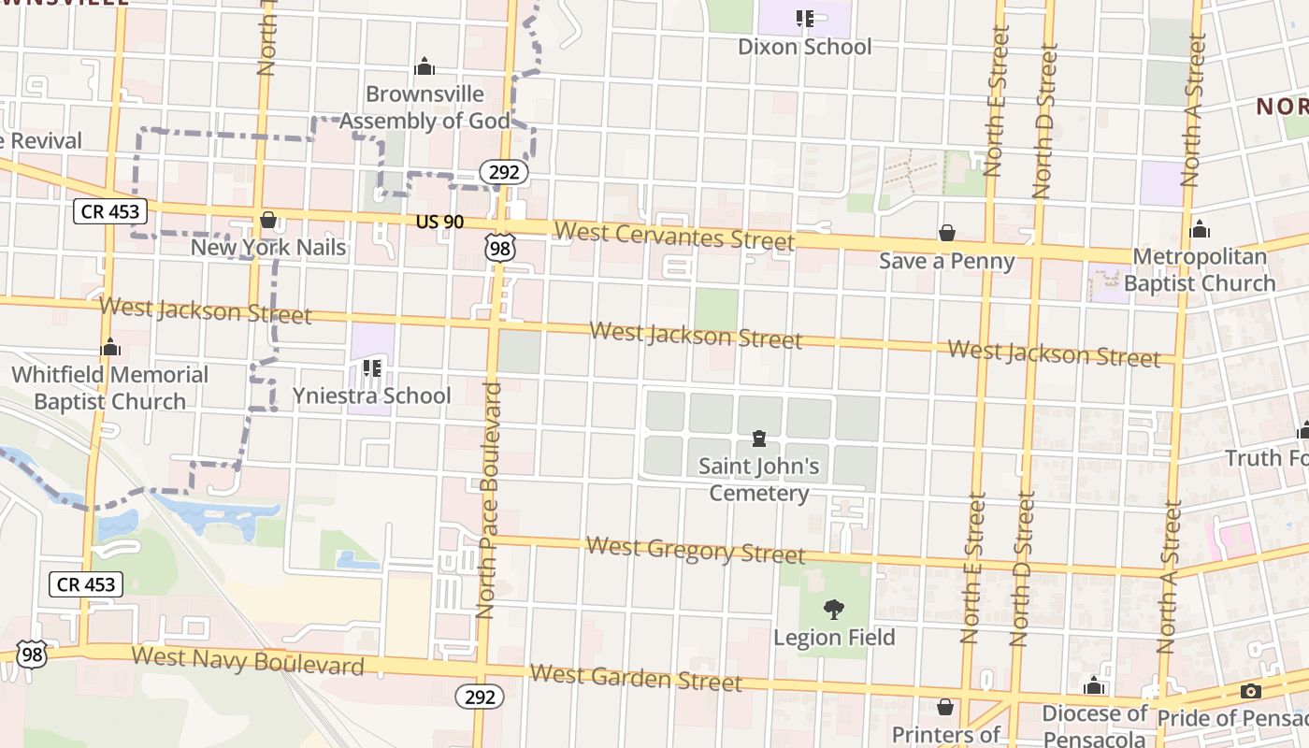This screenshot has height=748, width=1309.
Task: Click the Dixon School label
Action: coord(804,47)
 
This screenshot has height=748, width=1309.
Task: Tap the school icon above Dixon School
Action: coord(804,18)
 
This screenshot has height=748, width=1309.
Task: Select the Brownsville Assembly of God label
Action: coord(425,108)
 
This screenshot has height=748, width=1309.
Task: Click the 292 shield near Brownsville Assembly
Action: coord(504,172)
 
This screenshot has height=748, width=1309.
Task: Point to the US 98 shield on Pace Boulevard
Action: coord(499,246)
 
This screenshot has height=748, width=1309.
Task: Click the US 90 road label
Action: coord(440,223)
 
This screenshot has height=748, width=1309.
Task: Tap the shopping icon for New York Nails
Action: coord(268,221)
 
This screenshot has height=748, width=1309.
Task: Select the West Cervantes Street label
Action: coord(673,235)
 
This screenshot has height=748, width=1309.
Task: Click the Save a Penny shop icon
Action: coord(946,233)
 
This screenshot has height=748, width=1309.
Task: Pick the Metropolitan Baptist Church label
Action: coord(1199,269)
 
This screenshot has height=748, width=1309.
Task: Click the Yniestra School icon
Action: coord(372,368)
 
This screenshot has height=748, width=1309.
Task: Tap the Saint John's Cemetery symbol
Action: coord(758,439)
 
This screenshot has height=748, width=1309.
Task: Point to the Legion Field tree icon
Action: coord(833,610)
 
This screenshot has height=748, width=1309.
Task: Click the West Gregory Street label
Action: coord(695,550)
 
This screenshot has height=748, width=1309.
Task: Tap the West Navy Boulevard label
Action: coord(248,660)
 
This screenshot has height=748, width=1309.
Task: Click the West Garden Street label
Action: coord(636,677)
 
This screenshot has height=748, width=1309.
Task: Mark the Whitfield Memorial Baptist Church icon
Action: coord(110,348)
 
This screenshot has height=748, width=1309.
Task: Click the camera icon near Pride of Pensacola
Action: coord(1250,692)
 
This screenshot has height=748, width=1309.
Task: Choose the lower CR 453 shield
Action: coord(86,585)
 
